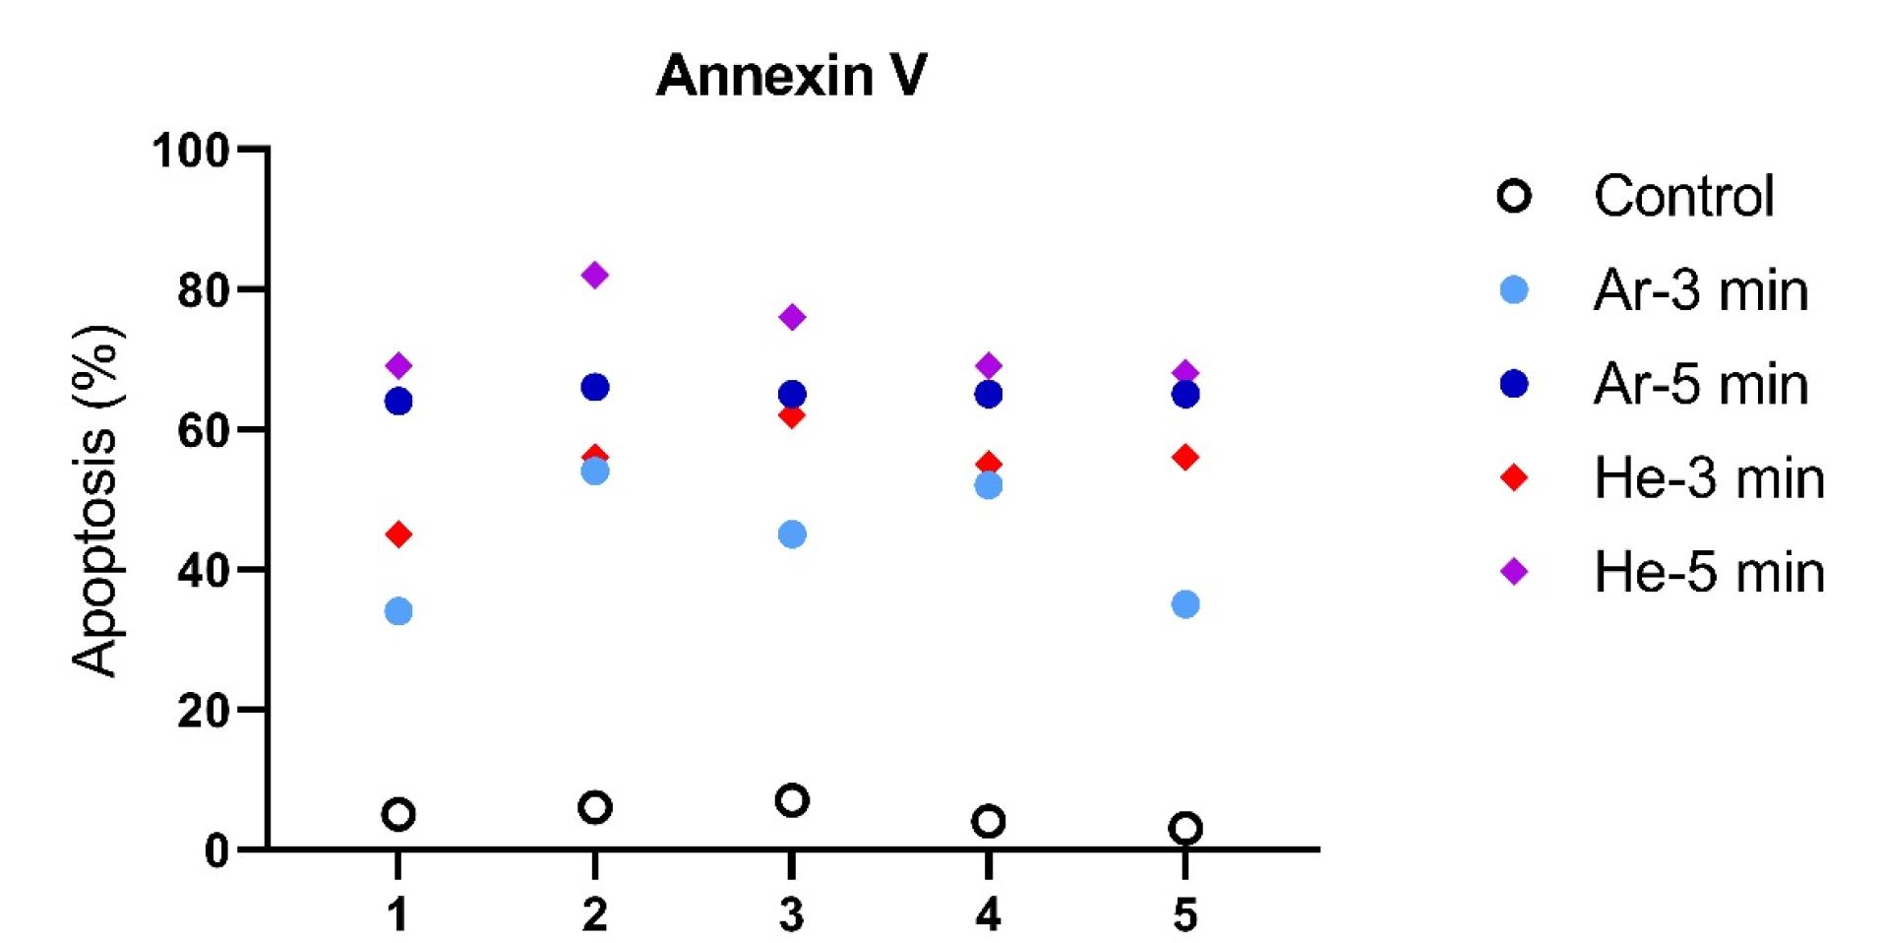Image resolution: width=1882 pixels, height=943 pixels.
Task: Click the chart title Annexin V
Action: pyautogui.click(x=791, y=76)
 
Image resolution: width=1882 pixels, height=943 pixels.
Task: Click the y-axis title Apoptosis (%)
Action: pyautogui.click(x=96, y=500)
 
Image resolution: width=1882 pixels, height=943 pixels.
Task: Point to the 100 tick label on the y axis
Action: pyautogui.click(x=191, y=151)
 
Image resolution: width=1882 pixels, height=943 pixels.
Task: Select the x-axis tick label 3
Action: pyautogui.click(x=791, y=914)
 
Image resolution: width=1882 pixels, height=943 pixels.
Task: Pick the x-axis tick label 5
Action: pyautogui.click(x=1184, y=914)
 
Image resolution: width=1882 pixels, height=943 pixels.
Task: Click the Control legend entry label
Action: pyautogui.click(x=1683, y=196)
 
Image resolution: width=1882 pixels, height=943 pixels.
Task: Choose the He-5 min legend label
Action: pyautogui.click(x=1709, y=572)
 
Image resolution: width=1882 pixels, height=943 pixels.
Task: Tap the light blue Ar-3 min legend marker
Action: pyautogui.click(x=1514, y=290)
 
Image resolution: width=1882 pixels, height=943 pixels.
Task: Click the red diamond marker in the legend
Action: pyautogui.click(x=1514, y=478)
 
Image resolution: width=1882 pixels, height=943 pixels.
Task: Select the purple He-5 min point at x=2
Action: pyautogui.click(x=594, y=275)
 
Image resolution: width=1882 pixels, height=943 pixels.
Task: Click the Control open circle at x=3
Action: pyautogui.click(x=791, y=800)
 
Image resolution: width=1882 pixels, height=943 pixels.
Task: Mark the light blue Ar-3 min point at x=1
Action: pyautogui.click(x=397, y=611)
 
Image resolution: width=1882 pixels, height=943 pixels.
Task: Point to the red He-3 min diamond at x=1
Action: pyautogui.click(x=397, y=534)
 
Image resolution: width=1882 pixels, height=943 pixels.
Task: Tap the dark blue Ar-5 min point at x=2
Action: pyautogui.click(x=594, y=387)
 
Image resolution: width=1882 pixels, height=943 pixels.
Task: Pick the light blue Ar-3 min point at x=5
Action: pyautogui.click(x=1184, y=604)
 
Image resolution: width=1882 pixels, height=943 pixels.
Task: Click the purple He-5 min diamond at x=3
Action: pyautogui.click(x=791, y=317)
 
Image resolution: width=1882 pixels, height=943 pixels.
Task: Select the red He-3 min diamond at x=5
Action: pyautogui.click(x=1184, y=457)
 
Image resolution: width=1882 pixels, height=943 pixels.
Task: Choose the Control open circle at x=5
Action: pyautogui.click(x=1184, y=828)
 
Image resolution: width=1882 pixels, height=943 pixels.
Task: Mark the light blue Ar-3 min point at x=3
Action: pyautogui.click(x=791, y=534)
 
